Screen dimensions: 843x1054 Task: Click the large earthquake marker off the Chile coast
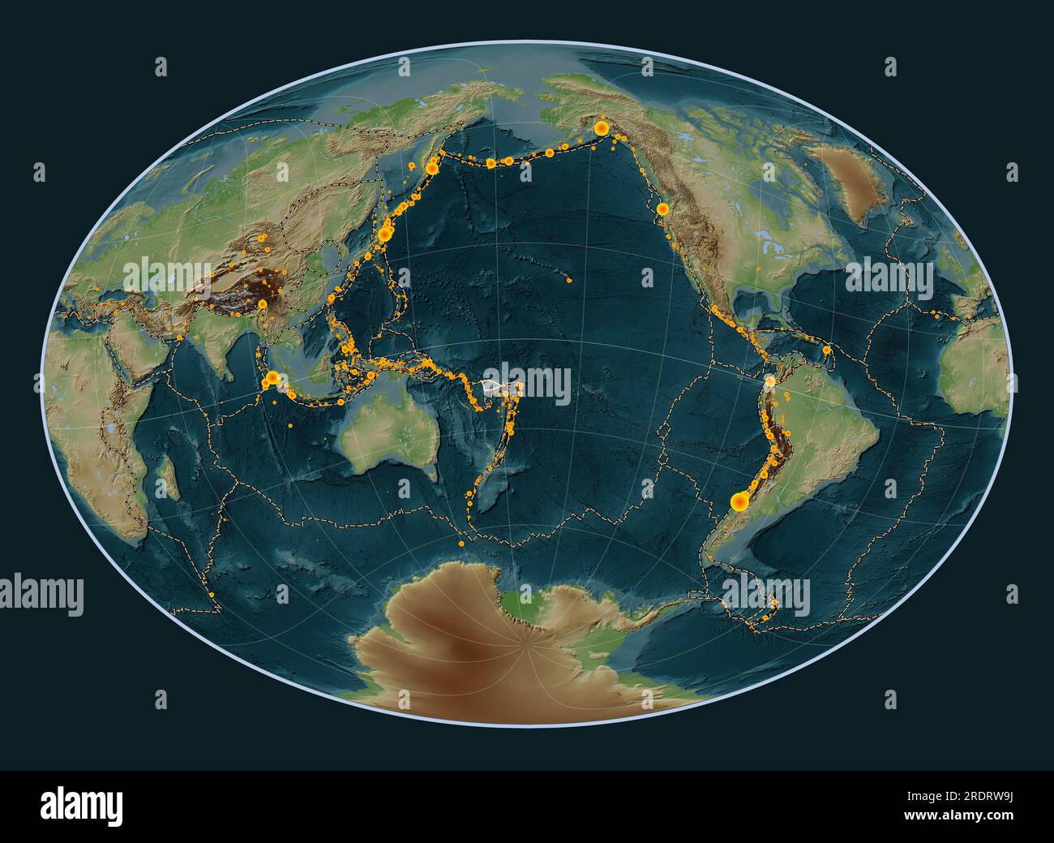[739, 502]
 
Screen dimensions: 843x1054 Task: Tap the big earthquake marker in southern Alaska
[602, 128]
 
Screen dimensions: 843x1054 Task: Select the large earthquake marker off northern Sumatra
[273, 377]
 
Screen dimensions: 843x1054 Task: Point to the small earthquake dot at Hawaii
[569, 281]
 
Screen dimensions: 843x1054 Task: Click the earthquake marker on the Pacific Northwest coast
[662, 209]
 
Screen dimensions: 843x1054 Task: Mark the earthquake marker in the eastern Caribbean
[826, 351]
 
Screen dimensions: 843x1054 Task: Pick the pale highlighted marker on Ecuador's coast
[769, 379]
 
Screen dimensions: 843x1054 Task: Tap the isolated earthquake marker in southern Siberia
[283, 171]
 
